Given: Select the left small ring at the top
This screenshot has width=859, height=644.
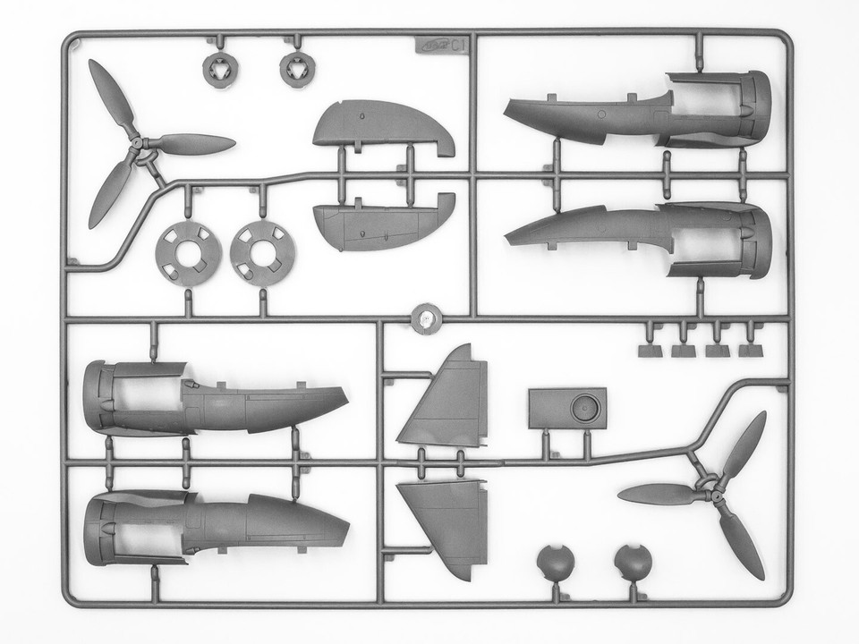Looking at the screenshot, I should click(x=218, y=70).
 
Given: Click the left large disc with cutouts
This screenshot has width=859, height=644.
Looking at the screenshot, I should click(x=188, y=253).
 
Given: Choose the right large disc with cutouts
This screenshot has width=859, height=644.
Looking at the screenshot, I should click(x=263, y=253).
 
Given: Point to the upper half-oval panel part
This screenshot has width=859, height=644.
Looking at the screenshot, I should click(x=380, y=124).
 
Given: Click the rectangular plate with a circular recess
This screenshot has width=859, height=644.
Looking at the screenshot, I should click(x=567, y=409).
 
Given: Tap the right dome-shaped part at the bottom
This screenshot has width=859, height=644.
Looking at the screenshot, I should click(x=633, y=563).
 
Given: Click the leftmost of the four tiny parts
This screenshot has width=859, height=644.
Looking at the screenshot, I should click(x=651, y=350).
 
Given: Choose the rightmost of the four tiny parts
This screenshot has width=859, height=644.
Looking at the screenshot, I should click(x=751, y=350).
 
